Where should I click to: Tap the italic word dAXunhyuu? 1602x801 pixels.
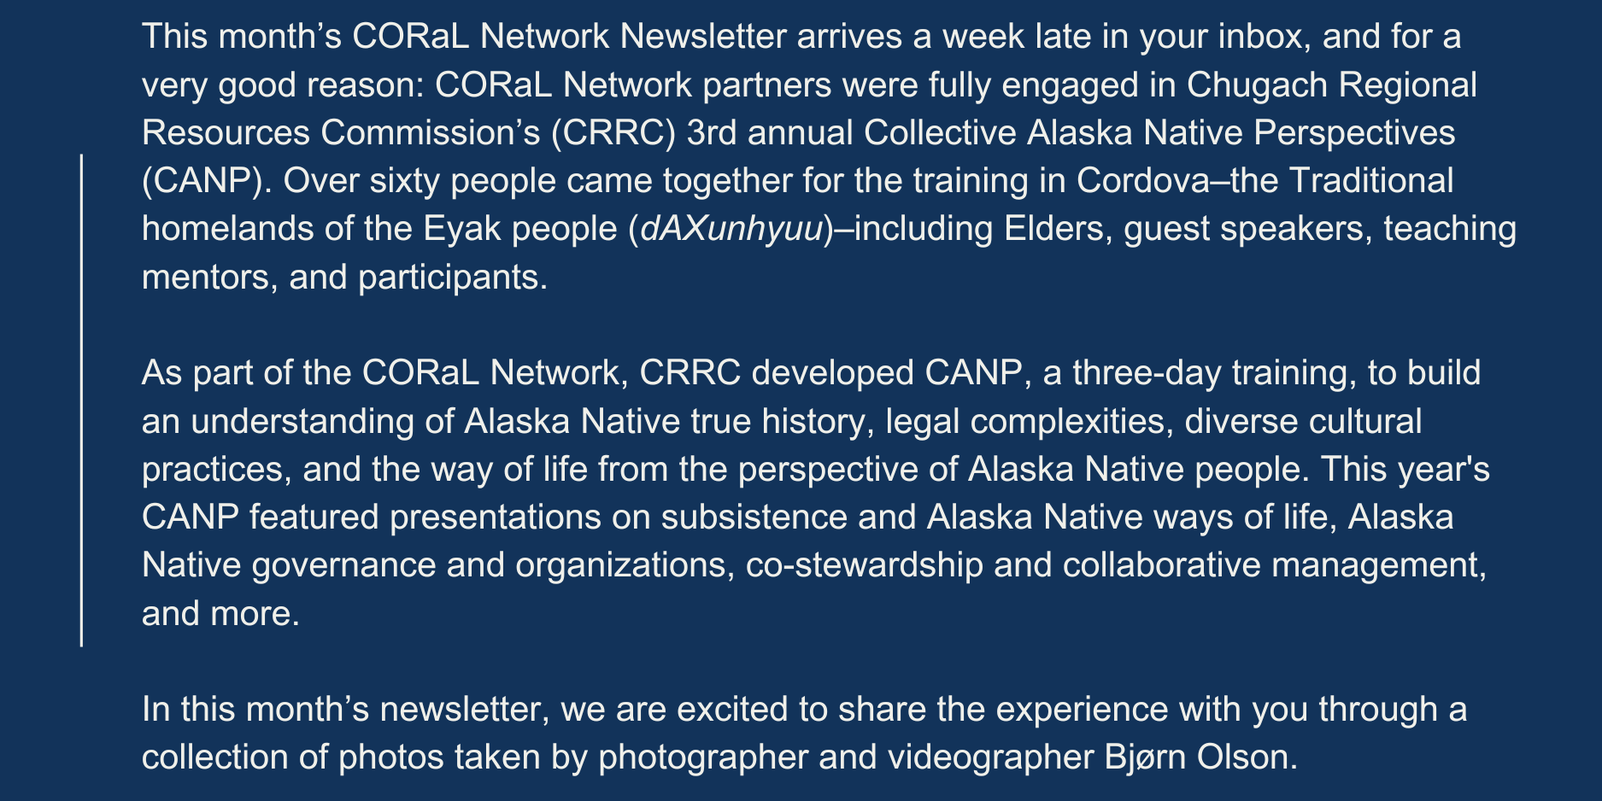click(731, 229)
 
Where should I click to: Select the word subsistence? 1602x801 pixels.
click(754, 517)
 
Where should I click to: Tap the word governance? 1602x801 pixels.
click(344, 565)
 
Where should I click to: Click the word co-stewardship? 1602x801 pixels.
click(864, 565)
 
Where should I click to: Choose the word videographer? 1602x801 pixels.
click(990, 757)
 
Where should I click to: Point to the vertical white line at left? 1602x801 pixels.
click(81, 400)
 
